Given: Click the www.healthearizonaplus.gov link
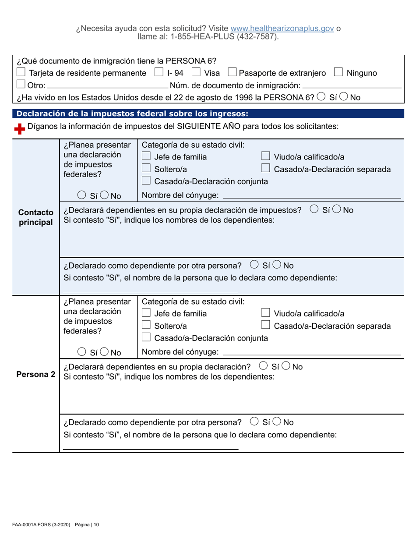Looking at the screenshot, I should click(282, 28).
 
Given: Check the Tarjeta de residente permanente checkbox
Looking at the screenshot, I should click(21, 73).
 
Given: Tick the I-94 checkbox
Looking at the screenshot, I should click(160, 73).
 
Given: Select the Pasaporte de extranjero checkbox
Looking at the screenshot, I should click(233, 73).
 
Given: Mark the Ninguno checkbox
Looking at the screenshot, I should click(338, 73).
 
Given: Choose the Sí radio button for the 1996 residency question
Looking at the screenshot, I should click(322, 97).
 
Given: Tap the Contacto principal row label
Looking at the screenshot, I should click(35, 217).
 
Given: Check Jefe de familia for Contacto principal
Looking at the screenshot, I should click(147, 157).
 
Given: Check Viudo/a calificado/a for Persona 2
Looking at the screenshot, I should click(265, 313).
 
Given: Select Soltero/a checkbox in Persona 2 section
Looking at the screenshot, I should click(147, 325).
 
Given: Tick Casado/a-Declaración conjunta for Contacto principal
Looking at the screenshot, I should click(147, 181).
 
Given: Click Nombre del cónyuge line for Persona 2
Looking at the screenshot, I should click(311, 352).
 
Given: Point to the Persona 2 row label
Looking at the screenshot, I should click(35, 374).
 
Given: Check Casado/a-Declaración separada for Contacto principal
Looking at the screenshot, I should click(265, 169).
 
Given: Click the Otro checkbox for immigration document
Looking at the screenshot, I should click(21, 85).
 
